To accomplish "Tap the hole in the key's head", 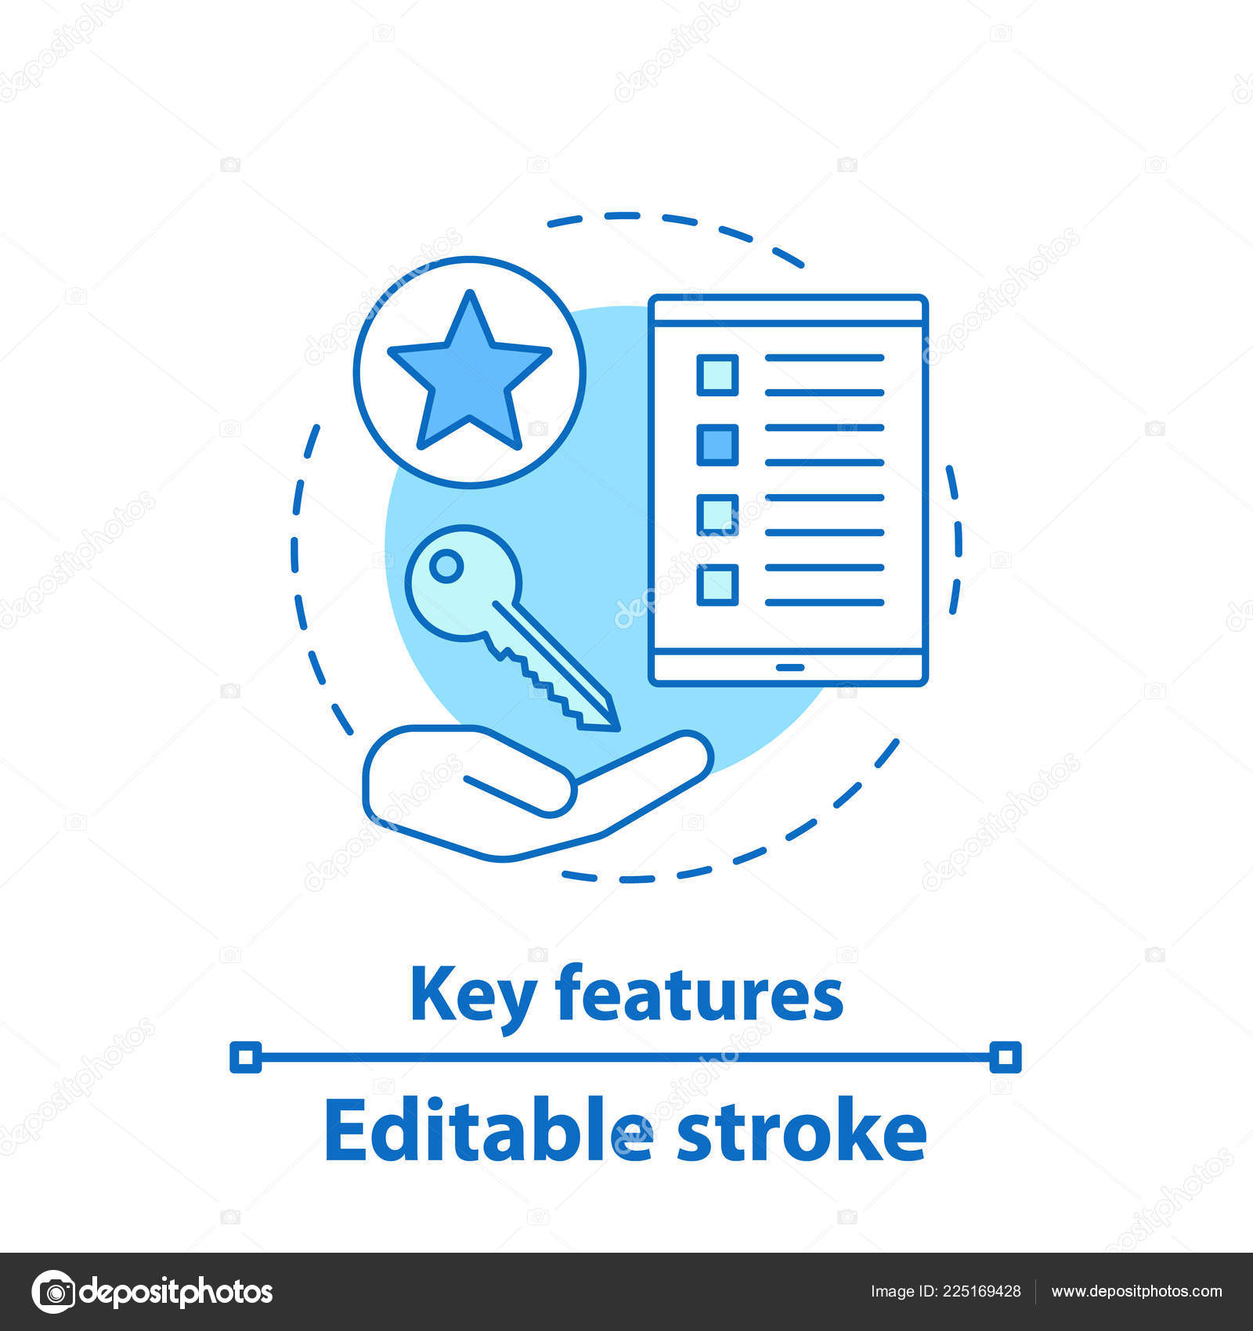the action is coord(446,565).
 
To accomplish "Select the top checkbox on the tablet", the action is coord(717,374).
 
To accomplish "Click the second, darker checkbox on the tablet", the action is coord(717,445).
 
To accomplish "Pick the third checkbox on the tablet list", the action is coord(717,514).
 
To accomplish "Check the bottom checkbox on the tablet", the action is coord(717,584).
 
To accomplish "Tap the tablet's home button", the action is coord(789,668).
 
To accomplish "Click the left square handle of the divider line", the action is coord(245,1058).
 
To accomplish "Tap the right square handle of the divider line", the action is coord(1006,1058).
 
